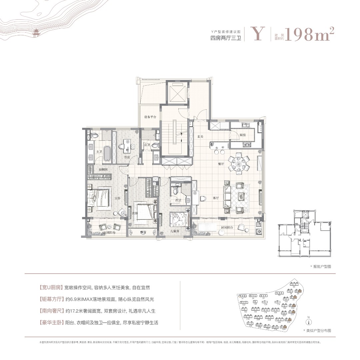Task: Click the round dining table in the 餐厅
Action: [239, 163]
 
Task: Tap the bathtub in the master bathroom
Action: [107, 154]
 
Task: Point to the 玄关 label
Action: [200, 136]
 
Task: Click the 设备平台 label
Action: [150, 117]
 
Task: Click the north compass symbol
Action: [309, 322]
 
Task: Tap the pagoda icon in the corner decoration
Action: [35, 32]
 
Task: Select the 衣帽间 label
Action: [103, 170]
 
